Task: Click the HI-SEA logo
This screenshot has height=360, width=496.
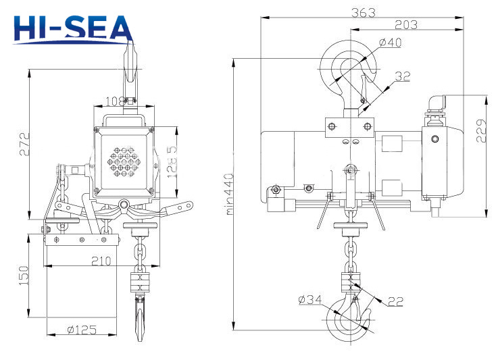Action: (73, 28)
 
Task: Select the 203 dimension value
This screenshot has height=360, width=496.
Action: (405, 24)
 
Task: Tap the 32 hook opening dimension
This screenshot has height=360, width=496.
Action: (403, 76)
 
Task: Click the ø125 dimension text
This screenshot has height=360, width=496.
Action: (82, 330)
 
